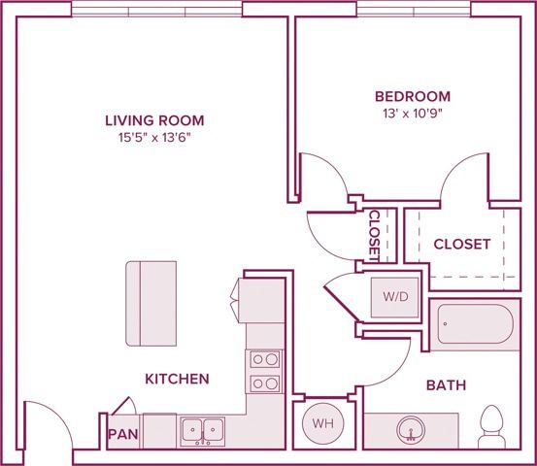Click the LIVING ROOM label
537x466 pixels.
(154, 120)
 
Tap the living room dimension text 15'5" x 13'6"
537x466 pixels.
(154, 138)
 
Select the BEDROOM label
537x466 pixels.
(413, 96)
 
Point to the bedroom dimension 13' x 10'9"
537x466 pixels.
(413, 114)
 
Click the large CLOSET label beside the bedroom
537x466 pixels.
(461, 244)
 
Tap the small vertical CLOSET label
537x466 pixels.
(374, 234)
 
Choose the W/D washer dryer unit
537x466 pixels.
(395, 296)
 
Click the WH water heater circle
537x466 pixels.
(321, 423)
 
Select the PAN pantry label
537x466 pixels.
(121, 434)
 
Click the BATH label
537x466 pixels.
(446, 385)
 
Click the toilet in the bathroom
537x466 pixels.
(490, 427)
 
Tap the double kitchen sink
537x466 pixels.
(201, 428)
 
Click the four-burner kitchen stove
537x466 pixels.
(264, 370)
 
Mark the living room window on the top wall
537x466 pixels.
(157, 9)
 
